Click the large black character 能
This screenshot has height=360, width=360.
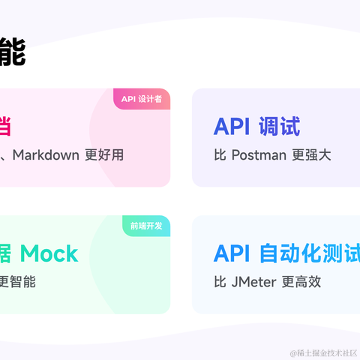(12, 53)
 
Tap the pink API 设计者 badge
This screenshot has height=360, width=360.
(142, 99)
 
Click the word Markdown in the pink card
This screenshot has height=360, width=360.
(46, 155)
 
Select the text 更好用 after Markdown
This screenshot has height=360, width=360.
(104, 155)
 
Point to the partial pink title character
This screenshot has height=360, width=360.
(4, 126)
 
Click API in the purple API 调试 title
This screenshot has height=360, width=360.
(231, 127)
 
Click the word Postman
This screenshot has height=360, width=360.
(259, 155)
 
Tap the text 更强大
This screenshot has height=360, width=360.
(310, 155)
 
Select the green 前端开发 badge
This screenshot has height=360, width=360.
(145, 226)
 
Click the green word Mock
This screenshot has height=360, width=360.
(49, 253)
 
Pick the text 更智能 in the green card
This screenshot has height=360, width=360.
(16, 282)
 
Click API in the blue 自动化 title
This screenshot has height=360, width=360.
(231, 253)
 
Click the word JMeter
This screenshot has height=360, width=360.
(256, 282)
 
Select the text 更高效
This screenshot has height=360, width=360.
(304, 282)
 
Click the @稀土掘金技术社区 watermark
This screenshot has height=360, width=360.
(323, 352)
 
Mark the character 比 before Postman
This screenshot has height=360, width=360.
(220, 155)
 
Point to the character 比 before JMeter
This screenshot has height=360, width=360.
(220, 282)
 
